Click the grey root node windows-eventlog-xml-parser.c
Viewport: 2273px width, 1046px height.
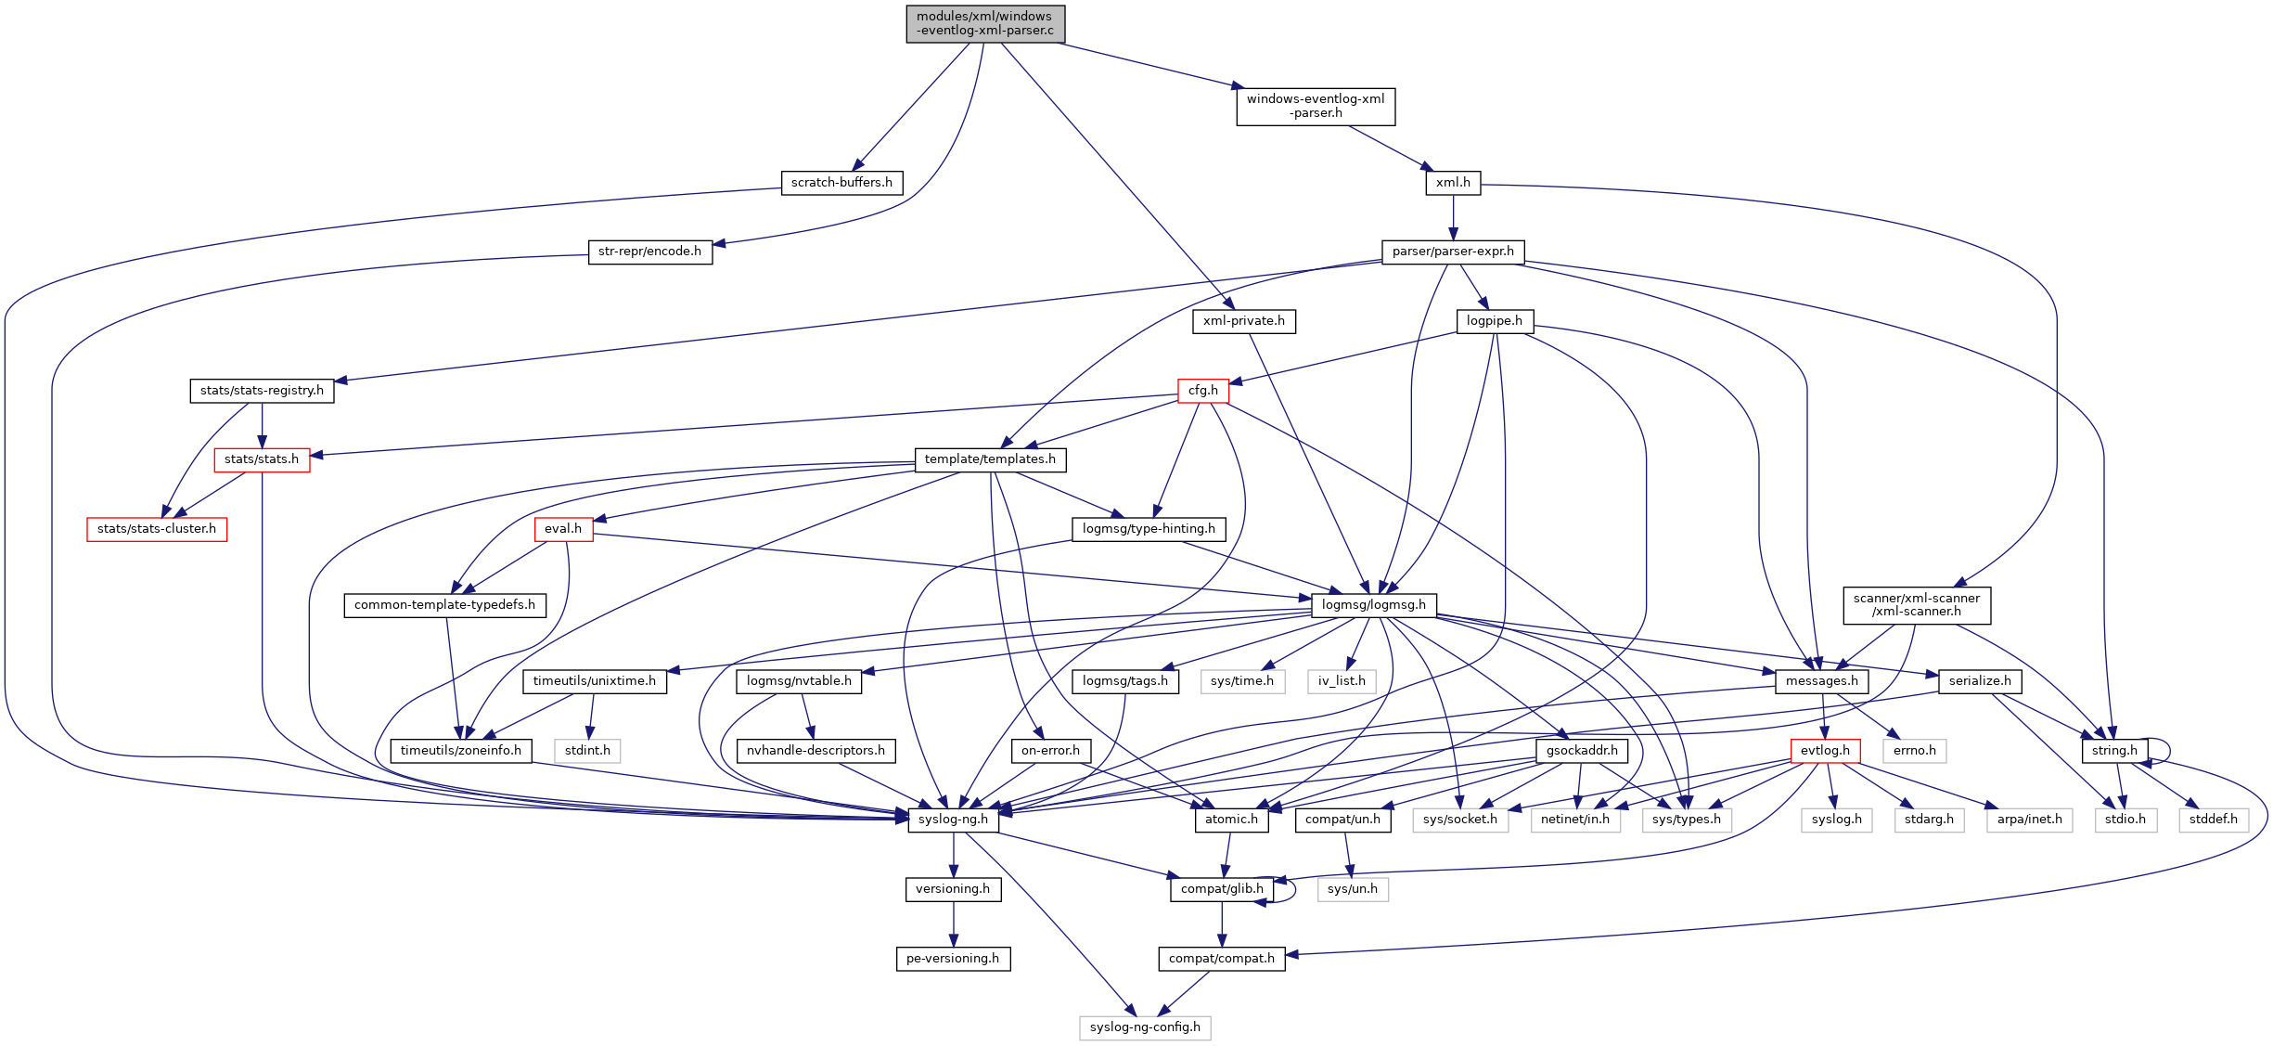click(x=985, y=23)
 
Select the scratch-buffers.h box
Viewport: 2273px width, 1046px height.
click(x=841, y=183)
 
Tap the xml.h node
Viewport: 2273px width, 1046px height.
click(x=1453, y=183)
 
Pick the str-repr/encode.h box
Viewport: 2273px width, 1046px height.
click(x=649, y=252)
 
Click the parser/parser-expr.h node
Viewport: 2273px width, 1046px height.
click(x=1453, y=252)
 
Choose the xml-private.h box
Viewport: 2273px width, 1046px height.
click(x=1243, y=321)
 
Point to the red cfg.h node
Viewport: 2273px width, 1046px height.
click(x=1202, y=391)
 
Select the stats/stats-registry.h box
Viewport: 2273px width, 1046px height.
click(x=262, y=391)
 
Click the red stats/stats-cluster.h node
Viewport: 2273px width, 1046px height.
click(x=157, y=529)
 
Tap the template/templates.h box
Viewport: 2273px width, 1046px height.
click(x=990, y=459)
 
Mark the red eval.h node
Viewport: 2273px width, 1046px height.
click(x=563, y=529)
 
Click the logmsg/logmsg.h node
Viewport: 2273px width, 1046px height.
click(x=1373, y=605)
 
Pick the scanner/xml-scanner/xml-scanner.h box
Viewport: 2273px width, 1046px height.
click(x=1916, y=605)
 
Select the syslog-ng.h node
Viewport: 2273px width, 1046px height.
click(x=953, y=820)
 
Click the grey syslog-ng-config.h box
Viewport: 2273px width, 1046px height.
click(x=1145, y=1027)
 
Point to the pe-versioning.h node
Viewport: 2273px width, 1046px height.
click(x=953, y=959)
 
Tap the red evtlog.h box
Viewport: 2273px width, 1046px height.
click(x=1825, y=751)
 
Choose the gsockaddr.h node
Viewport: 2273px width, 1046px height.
click(x=1582, y=751)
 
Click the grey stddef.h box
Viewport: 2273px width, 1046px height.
click(x=2213, y=820)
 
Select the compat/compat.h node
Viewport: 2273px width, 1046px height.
click(x=1221, y=959)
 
